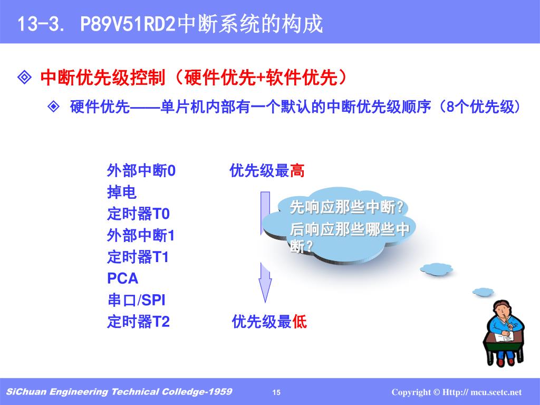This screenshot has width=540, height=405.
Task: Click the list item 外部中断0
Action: click(x=141, y=170)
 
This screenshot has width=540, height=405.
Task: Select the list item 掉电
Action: click(x=122, y=192)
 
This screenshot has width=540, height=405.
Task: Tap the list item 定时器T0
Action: click(x=139, y=214)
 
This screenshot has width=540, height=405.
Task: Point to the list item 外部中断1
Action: click(x=141, y=236)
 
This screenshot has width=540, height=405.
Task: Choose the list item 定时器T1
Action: click(x=138, y=257)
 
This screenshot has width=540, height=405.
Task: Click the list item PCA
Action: click(x=122, y=278)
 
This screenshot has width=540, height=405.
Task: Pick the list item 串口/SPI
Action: click(x=137, y=300)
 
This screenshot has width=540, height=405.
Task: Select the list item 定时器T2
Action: click(x=139, y=322)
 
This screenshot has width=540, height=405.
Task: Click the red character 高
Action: click(x=297, y=170)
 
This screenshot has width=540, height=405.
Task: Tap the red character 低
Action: click(x=300, y=322)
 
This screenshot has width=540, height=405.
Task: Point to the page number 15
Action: click(x=276, y=392)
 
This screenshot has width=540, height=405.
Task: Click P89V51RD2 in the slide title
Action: click(x=128, y=24)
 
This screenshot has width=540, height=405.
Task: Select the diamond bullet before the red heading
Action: click(x=24, y=78)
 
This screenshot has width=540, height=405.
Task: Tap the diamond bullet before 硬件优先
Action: click(x=53, y=107)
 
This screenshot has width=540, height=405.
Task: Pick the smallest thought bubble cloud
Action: click(x=483, y=292)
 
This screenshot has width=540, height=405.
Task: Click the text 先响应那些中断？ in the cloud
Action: click(x=347, y=207)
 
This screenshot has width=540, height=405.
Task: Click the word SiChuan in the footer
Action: click(x=26, y=392)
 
